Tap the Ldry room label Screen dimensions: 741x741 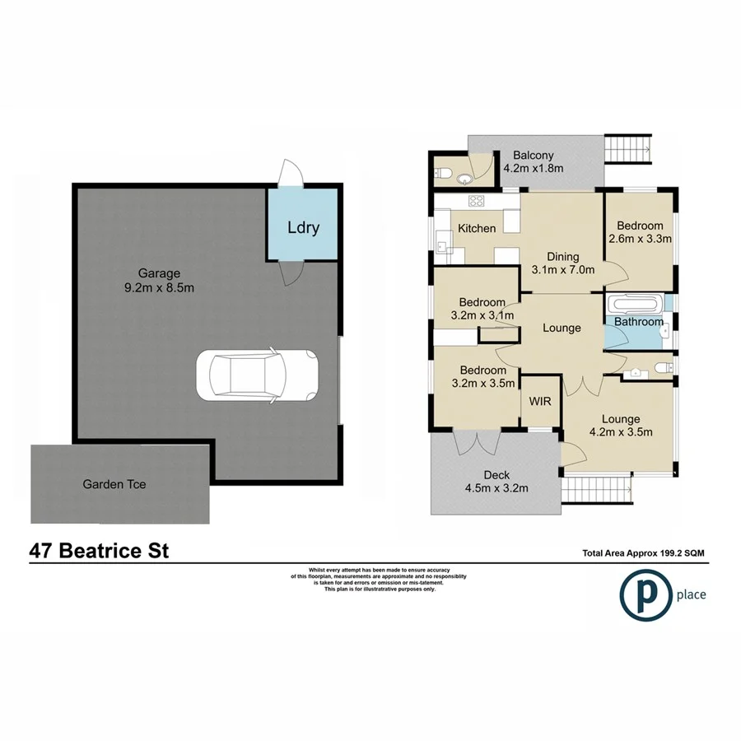302,227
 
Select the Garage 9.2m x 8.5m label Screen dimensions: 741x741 160,281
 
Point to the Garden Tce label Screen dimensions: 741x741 114,484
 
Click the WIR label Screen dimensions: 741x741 541,401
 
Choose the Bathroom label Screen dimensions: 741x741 639,322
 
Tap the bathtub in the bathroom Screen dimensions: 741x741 636,303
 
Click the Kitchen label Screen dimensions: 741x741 477,229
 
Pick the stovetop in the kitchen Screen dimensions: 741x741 476,201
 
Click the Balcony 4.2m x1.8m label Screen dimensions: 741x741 534,162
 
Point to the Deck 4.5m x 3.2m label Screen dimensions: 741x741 497,482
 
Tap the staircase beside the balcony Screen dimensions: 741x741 629,150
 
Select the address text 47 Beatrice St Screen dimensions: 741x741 99,551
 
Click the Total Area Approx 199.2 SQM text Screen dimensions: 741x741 644,554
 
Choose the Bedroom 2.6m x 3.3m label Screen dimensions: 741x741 641,232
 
